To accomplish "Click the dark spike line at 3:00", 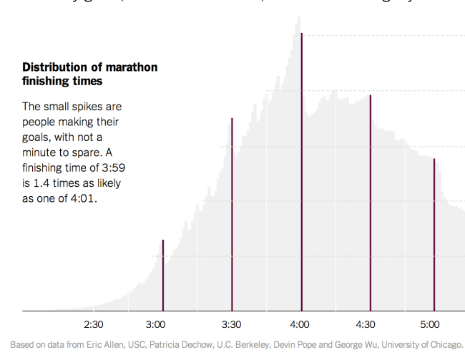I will coord(163,276).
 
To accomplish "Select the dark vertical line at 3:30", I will coord(232,215).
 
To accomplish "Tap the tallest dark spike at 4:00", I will coord(301,172).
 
